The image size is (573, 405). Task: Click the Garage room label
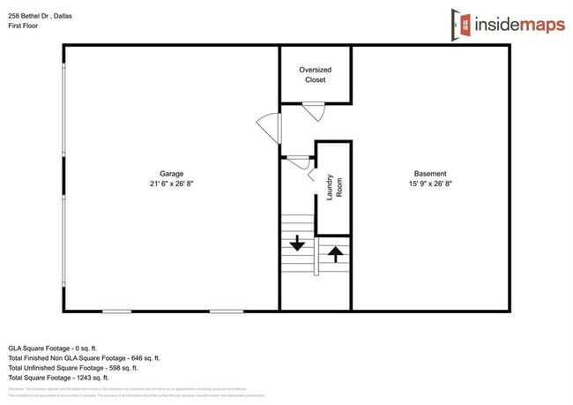coord(171,173)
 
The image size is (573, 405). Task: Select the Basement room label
coord(430,173)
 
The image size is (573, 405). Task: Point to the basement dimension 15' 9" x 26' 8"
coord(430,184)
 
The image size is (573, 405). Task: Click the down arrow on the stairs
coord(297,242)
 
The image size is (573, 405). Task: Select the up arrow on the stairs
coord(334,254)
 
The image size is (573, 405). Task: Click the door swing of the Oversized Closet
coord(314,111)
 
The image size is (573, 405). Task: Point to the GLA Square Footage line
coord(58,348)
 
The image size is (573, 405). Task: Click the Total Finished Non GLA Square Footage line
coord(84,358)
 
